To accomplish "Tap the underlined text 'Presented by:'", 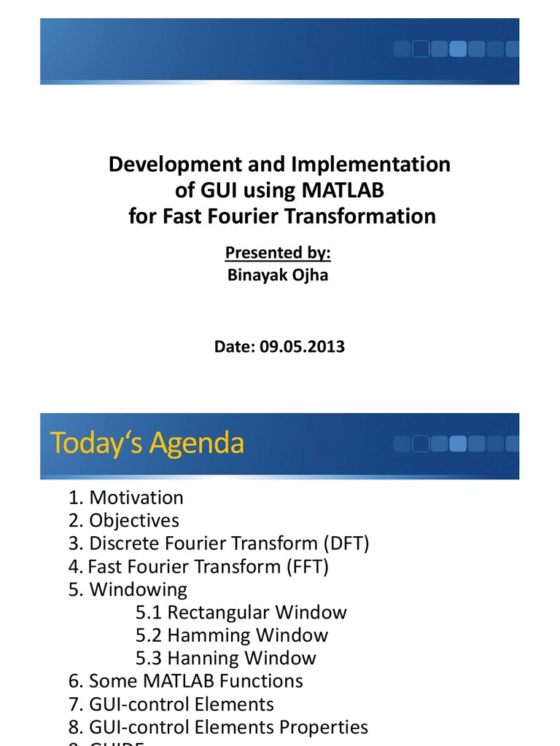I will click(x=278, y=253).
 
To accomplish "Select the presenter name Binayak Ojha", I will click(x=278, y=276).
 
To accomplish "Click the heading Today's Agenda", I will click(x=147, y=444).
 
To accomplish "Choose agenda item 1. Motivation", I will click(x=126, y=498).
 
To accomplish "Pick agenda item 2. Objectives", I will click(x=124, y=521).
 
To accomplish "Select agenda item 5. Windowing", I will click(x=128, y=589).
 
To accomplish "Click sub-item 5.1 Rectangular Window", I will click(x=241, y=613).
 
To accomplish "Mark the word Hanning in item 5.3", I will click(x=204, y=659).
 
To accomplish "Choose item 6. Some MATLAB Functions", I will click(x=186, y=681).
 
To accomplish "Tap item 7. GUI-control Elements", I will click(x=171, y=704).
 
